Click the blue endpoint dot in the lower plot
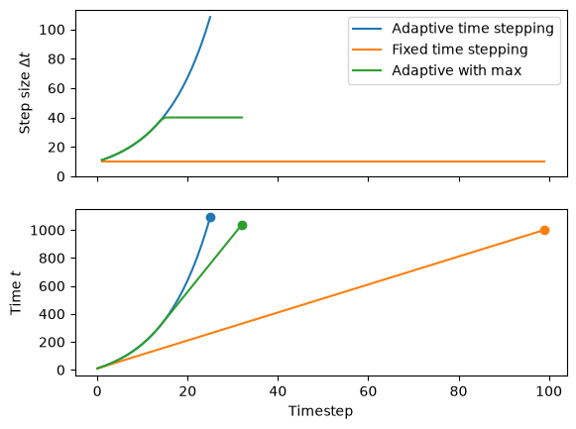pyautogui.click(x=210, y=218)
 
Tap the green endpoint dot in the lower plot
pyautogui.click(x=242, y=225)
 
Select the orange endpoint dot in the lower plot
pyautogui.click(x=545, y=230)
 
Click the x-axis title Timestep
pyautogui.click(x=320, y=410)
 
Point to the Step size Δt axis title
pyautogui.click(x=25, y=93)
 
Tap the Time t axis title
pyautogui.click(x=16, y=293)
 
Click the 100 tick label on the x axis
pyautogui.click(x=549, y=391)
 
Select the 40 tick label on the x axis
pyautogui.click(x=278, y=391)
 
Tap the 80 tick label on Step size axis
pyautogui.click(x=57, y=59)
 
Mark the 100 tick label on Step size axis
pyautogui.click(x=52, y=30)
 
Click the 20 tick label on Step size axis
pyautogui.click(x=57, y=148)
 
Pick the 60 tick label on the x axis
pyautogui.click(x=368, y=391)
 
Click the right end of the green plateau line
pyautogui.click(x=243, y=118)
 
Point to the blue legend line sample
pyautogui.click(x=367, y=29)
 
